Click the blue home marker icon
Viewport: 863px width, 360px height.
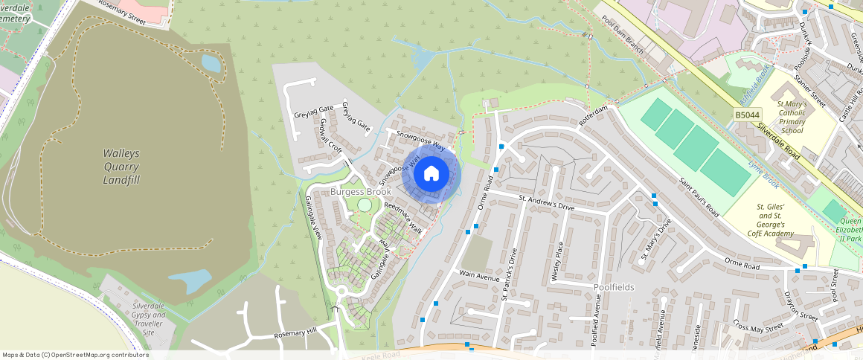pyautogui.click(x=431, y=174)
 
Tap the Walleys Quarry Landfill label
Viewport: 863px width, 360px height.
pyautogui.click(x=121, y=167)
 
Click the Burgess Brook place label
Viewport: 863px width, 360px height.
pyautogui.click(x=361, y=192)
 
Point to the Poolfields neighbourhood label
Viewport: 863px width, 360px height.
pyautogui.click(x=614, y=286)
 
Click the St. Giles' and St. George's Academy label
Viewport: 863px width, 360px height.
pyautogui.click(x=771, y=219)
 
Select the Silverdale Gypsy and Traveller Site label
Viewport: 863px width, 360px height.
pyautogui.click(x=149, y=318)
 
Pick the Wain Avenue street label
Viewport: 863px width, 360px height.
pyautogui.click(x=478, y=275)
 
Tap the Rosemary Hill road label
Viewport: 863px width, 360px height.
pyautogui.click(x=295, y=334)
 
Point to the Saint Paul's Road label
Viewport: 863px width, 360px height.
pyautogui.click(x=700, y=196)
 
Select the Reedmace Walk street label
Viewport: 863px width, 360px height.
pyautogui.click(x=402, y=218)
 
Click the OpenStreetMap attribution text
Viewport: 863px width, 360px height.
pyautogui.click(x=74, y=355)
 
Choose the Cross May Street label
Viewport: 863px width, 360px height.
pyautogui.click(x=758, y=325)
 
